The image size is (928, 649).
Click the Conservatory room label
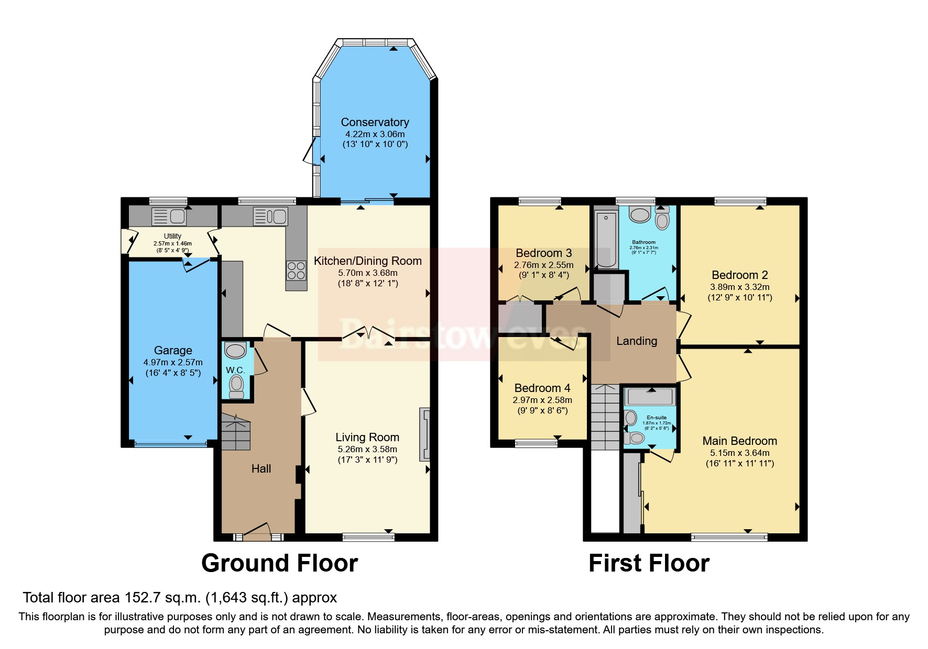click(x=375, y=122)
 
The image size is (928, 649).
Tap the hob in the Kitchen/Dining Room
click(x=296, y=271)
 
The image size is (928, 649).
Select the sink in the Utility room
click(x=169, y=216)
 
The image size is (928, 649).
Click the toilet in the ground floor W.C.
click(x=236, y=387)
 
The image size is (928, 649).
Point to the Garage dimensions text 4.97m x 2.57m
click(x=173, y=362)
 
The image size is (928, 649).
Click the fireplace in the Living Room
click(x=424, y=434)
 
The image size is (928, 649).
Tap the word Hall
click(x=261, y=468)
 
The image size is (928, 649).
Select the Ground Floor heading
click(x=279, y=563)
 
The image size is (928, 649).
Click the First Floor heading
click(x=649, y=563)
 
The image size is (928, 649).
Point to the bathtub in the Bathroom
click(x=606, y=238)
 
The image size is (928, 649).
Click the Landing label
click(x=636, y=341)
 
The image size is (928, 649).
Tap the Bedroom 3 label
click(x=543, y=253)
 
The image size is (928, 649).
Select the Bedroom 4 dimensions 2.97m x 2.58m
click(x=542, y=400)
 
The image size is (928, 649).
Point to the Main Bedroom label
click(x=739, y=441)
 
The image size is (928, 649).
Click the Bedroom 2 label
click(x=739, y=275)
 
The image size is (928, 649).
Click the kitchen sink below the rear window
click(x=270, y=216)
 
